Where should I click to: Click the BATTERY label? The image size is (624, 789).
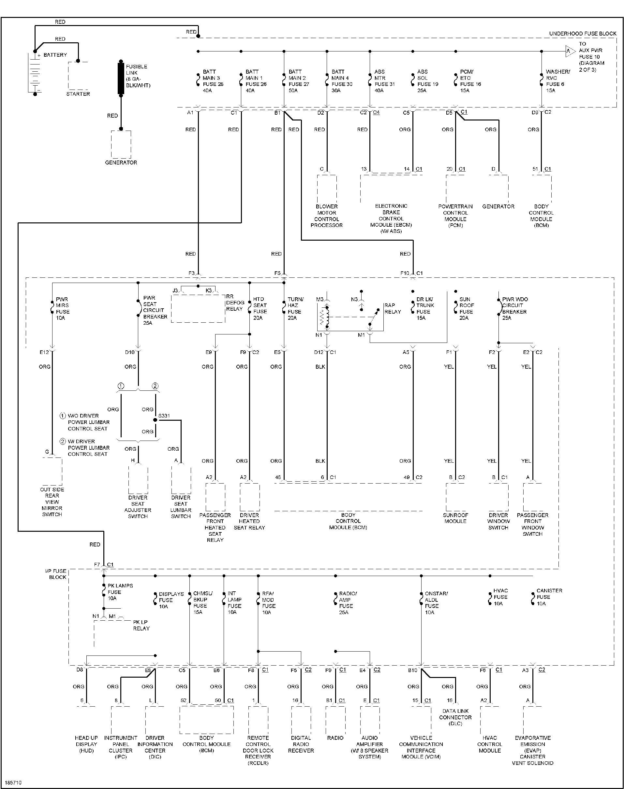55,55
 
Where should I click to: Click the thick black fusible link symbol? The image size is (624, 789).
121,78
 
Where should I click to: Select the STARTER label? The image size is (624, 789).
78,94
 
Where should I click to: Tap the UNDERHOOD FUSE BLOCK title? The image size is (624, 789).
582,34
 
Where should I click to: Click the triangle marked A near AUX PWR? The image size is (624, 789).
570,51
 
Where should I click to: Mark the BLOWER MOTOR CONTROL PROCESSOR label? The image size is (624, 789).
327,216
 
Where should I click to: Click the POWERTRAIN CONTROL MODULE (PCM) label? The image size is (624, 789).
455,216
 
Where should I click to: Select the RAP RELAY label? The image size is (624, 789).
393,308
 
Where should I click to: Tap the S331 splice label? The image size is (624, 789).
164,416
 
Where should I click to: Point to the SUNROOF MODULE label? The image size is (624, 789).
455,518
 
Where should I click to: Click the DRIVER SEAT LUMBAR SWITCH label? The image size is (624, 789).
181,507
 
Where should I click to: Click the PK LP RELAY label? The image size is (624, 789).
141,625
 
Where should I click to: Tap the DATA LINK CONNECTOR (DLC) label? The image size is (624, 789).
455,717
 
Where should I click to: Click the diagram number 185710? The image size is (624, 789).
13,782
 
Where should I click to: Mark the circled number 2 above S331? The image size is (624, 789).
155,386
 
